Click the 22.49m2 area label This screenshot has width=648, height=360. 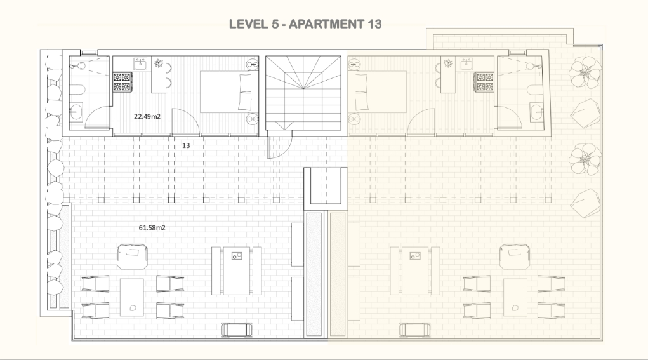click(x=147, y=117)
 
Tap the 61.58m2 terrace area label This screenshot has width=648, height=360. click(x=152, y=228)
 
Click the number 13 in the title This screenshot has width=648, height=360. click(x=374, y=24)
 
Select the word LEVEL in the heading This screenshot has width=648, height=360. click(x=249, y=24)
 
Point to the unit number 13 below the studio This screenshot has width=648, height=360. click(x=186, y=145)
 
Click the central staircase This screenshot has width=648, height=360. click(x=303, y=93)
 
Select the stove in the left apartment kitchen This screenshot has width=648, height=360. click(x=122, y=81)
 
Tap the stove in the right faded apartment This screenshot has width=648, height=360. click(x=484, y=82)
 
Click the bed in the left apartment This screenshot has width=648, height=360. click(x=229, y=92)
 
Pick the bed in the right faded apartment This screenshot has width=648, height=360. click(x=377, y=92)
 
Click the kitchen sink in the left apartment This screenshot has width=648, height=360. click(x=140, y=64)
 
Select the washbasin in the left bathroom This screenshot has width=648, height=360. click(x=76, y=111)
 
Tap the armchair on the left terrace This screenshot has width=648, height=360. click(x=132, y=257)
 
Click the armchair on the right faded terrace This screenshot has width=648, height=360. click(x=515, y=257)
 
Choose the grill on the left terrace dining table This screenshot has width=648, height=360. click(x=237, y=256)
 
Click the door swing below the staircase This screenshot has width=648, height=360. click(x=279, y=144)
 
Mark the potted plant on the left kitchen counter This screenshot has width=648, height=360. click(x=158, y=63)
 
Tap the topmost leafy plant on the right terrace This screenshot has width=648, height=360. click(x=585, y=73)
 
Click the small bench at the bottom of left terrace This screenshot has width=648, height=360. click(x=236, y=330)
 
